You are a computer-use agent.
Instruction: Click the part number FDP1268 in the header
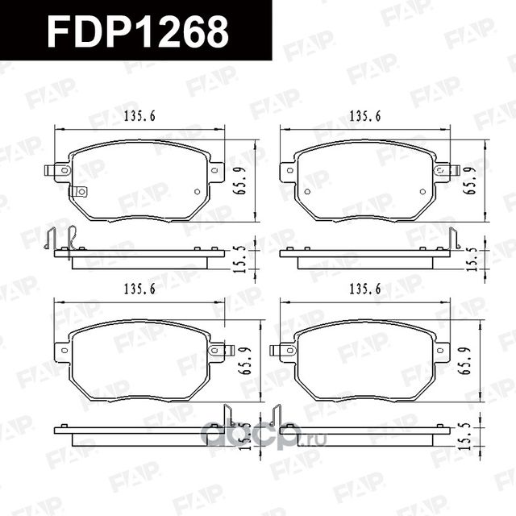tap(137, 31)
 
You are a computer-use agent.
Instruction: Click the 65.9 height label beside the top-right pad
tap(470, 181)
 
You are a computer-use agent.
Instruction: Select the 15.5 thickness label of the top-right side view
tap(470, 256)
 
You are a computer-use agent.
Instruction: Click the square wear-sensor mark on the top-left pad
tap(79, 191)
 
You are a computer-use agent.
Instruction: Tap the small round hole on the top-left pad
tap(197, 191)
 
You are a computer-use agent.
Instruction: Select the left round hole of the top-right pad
tap(307, 191)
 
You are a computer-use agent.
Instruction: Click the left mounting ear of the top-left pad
tap(58, 171)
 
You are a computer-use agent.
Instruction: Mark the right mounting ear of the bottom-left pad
tap(218, 350)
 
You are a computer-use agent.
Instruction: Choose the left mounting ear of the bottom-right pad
tap(285, 350)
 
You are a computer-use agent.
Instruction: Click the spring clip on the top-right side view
tap(454, 239)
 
